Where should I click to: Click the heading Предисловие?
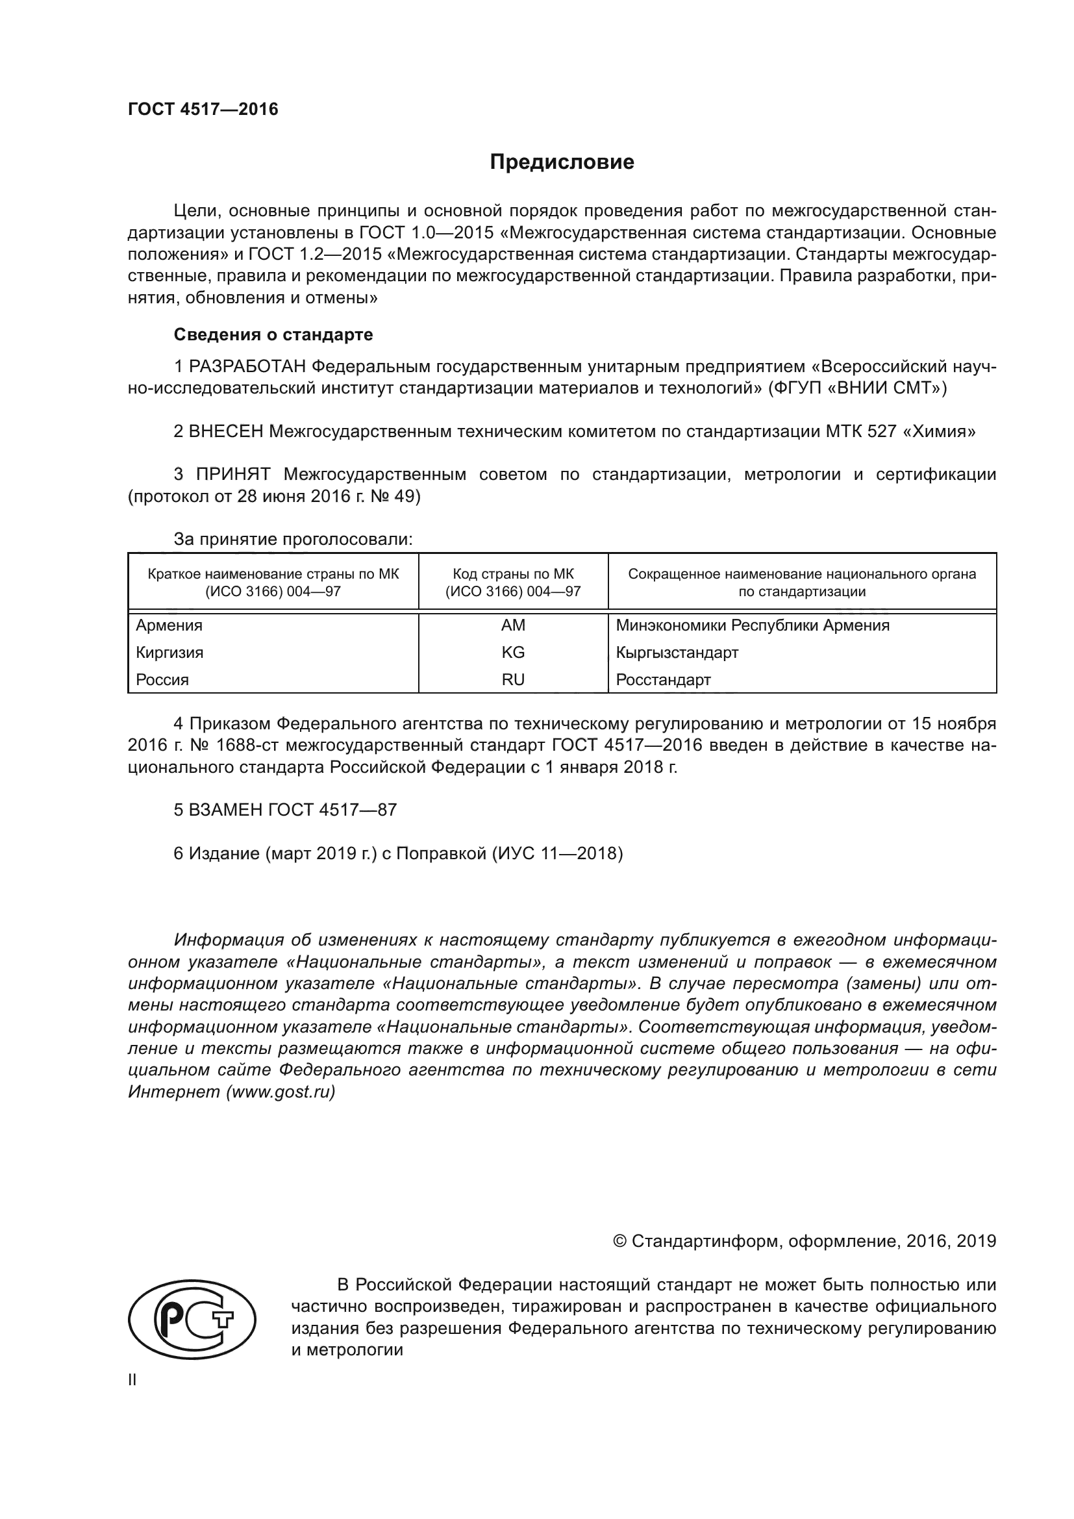[x=562, y=162]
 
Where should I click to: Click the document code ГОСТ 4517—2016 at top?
[x=203, y=109]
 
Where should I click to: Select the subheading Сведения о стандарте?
[x=273, y=334]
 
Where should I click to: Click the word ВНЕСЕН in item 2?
[x=226, y=432]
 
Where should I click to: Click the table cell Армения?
[x=169, y=625]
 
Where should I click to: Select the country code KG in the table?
[x=512, y=652]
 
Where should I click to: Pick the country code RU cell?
[x=512, y=679]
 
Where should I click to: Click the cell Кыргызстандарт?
[x=677, y=652]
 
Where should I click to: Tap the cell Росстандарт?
[x=663, y=679]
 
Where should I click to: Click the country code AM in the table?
[x=512, y=625]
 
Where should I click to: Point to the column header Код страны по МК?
[x=512, y=574]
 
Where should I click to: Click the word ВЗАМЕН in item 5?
[x=226, y=810]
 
